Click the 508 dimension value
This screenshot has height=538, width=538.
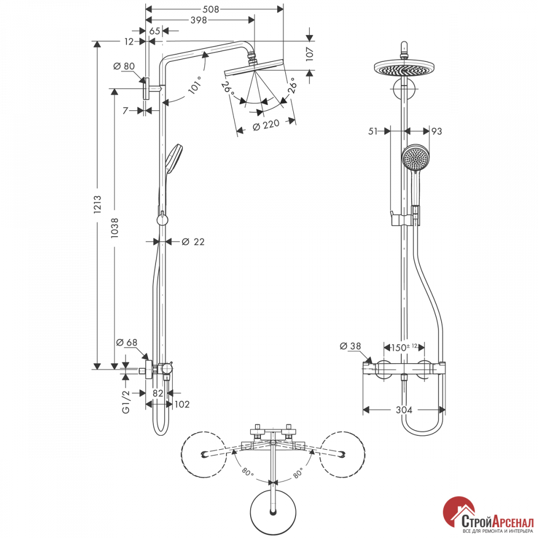pyautogui.click(x=211, y=9)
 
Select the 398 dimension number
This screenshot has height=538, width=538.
pyautogui.click(x=199, y=20)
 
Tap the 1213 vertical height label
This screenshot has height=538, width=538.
pyautogui.click(x=97, y=205)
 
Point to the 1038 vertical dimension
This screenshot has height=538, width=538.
pyautogui.click(x=115, y=228)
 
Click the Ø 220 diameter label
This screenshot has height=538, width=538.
pyautogui.click(x=266, y=125)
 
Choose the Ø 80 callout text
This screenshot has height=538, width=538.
pyautogui.click(x=124, y=66)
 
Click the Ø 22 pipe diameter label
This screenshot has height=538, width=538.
pyautogui.click(x=193, y=242)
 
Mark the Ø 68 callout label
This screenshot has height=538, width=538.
pyautogui.click(x=126, y=342)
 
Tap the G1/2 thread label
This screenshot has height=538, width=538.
pyautogui.click(x=126, y=401)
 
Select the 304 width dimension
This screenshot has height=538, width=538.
pyautogui.click(x=404, y=409)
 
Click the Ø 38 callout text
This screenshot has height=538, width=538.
pyautogui.click(x=350, y=346)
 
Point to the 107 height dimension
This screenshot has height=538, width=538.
pyautogui.click(x=310, y=54)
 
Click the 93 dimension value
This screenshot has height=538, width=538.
pyautogui.click(x=436, y=131)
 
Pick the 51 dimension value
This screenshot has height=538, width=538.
pyautogui.click(x=373, y=131)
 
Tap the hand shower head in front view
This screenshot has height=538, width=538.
pyautogui.click(x=415, y=157)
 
